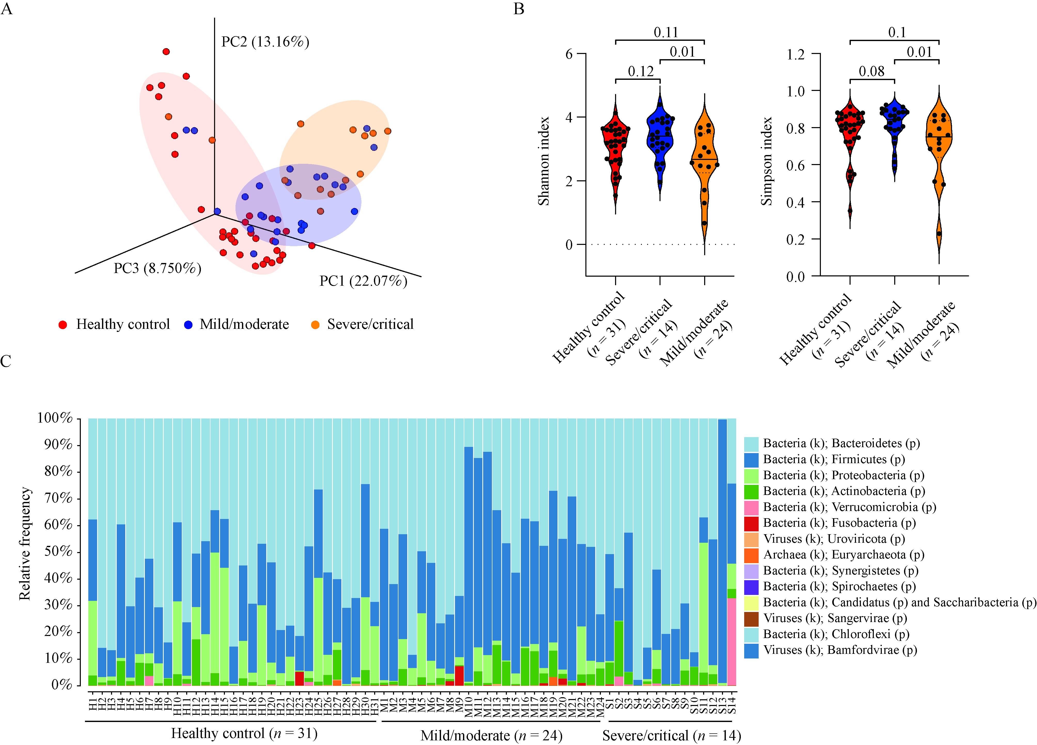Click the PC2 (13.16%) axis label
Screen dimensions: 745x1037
tap(265, 42)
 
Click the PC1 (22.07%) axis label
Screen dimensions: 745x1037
tap(363, 281)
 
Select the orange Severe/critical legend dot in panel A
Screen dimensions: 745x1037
tap(315, 325)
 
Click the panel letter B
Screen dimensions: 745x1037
tap(518, 9)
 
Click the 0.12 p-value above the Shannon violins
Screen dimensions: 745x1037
tap(641, 71)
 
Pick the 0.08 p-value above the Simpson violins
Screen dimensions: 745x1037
tap(871, 71)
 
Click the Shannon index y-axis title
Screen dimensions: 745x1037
tap(544, 161)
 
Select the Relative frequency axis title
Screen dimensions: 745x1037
tap(25, 543)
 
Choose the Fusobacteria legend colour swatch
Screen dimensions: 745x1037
tap(751, 523)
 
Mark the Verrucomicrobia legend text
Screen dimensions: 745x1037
tap(850, 507)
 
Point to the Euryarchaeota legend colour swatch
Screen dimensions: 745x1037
tap(751, 555)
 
